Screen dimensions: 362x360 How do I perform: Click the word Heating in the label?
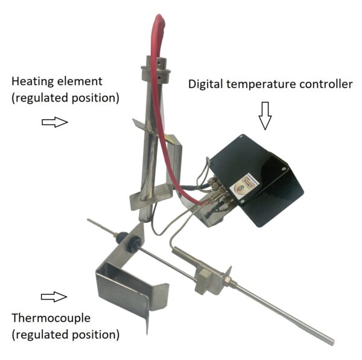pyautogui.click(x=33, y=82)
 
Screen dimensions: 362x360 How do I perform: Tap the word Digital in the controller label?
pyautogui.click(x=205, y=85)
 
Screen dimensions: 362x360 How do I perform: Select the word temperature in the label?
pyautogui.click(x=261, y=85)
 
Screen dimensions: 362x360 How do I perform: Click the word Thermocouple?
pyautogui.click(x=51, y=318)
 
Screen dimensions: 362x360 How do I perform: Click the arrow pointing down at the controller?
pyautogui.click(x=265, y=115)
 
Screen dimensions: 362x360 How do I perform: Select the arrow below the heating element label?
pyautogui.click(x=55, y=122)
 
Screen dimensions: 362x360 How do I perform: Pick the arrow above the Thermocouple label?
pyautogui.click(x=54, y=297)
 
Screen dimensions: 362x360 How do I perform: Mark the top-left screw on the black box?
pyautogui.click(x=241, y=137)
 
